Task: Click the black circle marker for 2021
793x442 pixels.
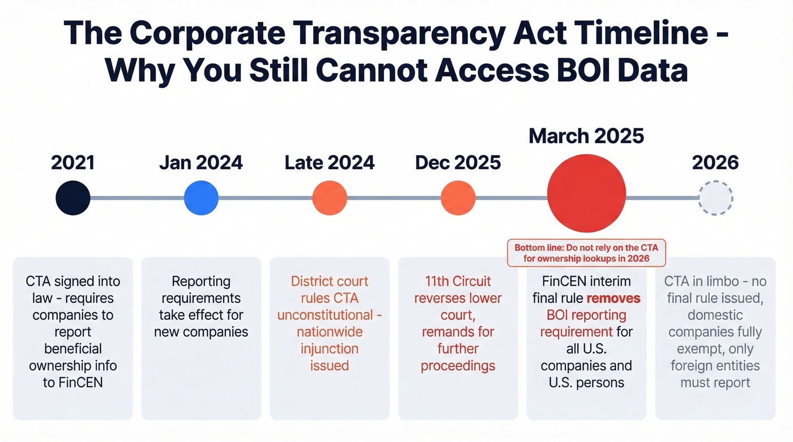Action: pyautogui.click(x=73, y=198)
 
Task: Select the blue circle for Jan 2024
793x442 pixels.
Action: pyautogui.click(x=201, y=198)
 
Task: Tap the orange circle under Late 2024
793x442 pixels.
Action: pyautogui.click(x=329, y=198)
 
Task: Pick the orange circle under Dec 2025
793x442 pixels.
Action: pyautogui.click(x=458, y=198)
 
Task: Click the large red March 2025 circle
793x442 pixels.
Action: pyautogui.click(x=586, y=193)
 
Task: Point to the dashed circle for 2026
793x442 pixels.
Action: pyautogui.click(x=715, y=198)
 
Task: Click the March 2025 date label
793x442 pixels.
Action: pyautogui.click(x=586, y=136)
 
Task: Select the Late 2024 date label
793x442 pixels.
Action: pyautogui.click(x=329, y=163)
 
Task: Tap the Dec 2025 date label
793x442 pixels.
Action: pyautogui.click(x=458, y=163)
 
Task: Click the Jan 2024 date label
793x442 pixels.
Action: pyautogui.click(x=201, y=163)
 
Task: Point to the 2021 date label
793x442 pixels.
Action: pyautogui.click(x=73, y=163)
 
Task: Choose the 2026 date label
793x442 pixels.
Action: pyautogui.click(x=715, y=163)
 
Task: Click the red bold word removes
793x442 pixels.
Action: pyautogui.click(x=613, y=298)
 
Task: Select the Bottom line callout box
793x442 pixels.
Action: pyautogui.click(x=586, y=253)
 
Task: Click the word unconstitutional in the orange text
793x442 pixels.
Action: pyautogui.click(x=325, y=315)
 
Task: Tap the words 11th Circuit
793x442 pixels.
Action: pyautogui.click(x=458, y=281)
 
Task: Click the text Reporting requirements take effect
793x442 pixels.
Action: pyautogui.click(x=201, y=306)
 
